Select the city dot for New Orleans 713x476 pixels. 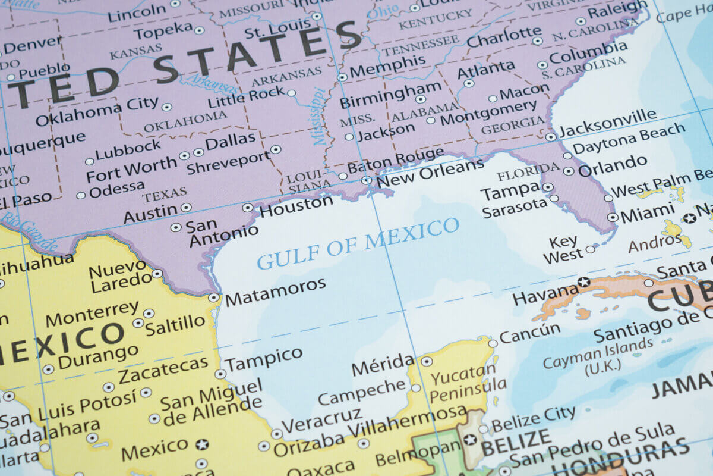(366, 180)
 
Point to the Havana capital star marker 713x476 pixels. (584, 281)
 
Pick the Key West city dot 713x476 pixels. (590, 249)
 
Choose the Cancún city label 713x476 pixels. (529, 333)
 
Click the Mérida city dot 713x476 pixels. (427, 361)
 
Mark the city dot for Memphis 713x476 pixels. (342, 77)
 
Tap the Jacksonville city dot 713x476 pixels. (551, 137)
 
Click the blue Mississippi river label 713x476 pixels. (318, 117)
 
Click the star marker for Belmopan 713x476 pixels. (470, 440)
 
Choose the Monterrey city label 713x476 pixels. (92, 314)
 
